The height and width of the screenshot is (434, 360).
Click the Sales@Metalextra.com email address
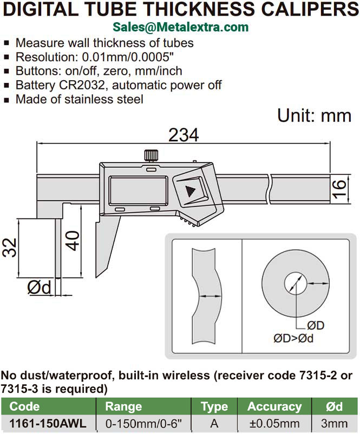[x=181, y=27]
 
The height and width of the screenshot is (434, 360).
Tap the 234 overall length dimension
[x=184, y=135]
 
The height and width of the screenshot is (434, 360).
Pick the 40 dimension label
[x=72, y=241]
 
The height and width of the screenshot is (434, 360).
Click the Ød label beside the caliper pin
[x=40, y=287]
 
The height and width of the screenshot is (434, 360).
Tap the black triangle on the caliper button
[x=190, y=191]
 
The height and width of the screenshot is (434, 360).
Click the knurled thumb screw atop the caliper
[x=151, y=156]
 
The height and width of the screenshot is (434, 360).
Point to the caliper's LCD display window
[x=139, y=191]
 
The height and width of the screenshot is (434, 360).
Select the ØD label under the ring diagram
[x=316, y=326]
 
